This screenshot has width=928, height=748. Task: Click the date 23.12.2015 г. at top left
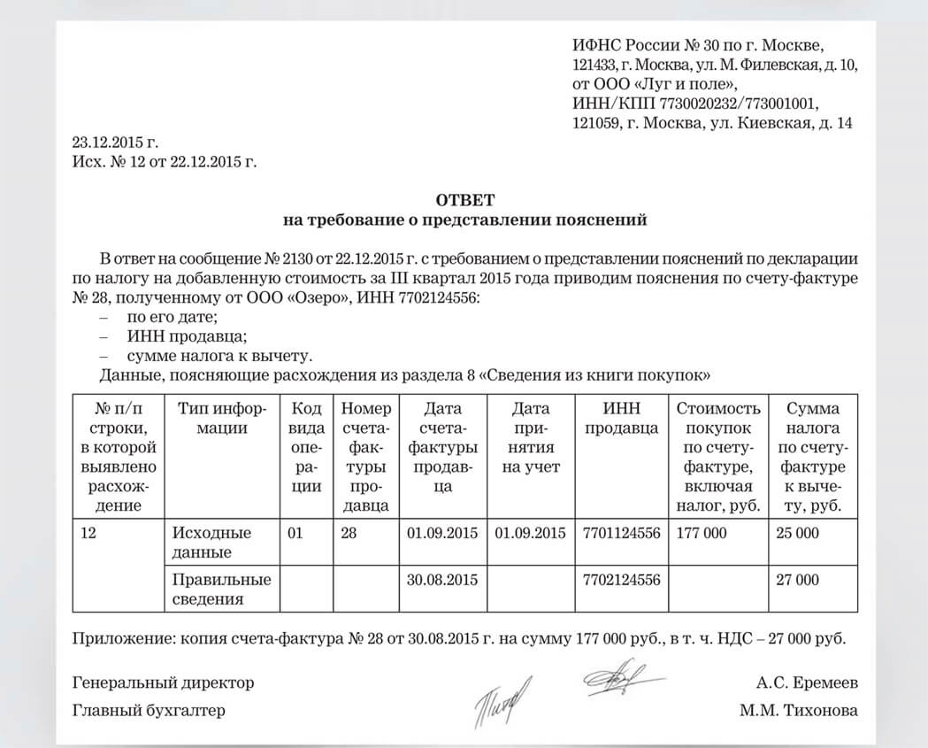coord(114,142)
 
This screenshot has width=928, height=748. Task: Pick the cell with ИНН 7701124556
coord(622,533)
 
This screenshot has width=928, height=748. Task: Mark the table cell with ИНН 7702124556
coord(622,581)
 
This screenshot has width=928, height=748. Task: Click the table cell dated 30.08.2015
coord(442,581)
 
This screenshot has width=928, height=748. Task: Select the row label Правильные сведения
coord(219,590)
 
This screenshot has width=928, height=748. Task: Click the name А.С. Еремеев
coord(807,682)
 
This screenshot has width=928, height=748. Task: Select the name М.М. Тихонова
coord(801,710)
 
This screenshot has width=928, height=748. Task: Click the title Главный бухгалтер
coord(149,710)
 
